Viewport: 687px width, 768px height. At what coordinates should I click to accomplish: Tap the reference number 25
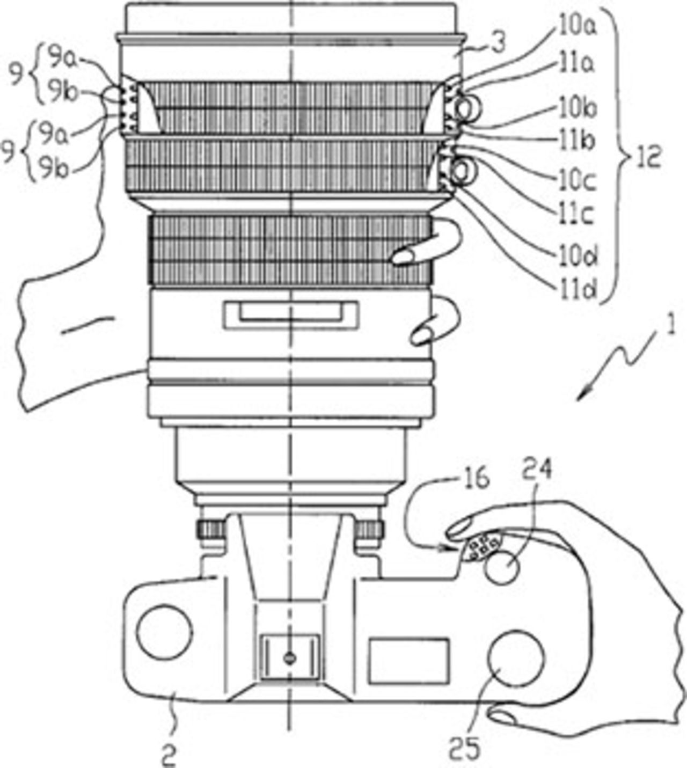pos(465,748)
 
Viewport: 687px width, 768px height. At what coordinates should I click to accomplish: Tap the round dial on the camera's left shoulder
pos(164,631)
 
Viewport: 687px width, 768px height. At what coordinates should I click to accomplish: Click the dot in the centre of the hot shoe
pos(290,657)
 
